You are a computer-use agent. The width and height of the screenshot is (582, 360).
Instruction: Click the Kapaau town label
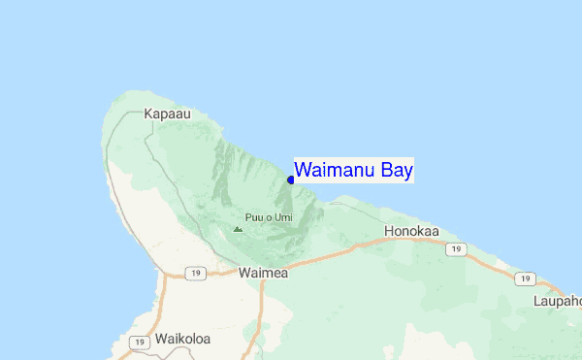pyautogui.click(x=165, y=114)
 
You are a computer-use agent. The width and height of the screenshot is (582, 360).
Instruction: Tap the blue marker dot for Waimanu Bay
pyautogui.click(x=291, y=180)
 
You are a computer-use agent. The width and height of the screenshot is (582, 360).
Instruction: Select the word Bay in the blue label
pyautogui.click(x=398, y=171)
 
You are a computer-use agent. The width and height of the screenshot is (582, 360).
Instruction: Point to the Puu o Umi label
pyautogui.click(x=269, y=217)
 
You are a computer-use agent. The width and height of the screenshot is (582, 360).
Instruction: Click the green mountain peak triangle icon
pyautogui.click(x=238, y=229)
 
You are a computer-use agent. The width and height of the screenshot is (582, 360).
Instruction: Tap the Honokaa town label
pyautogui.click(x=412, y=232)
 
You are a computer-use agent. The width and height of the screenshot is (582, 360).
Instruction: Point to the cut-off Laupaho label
pyautogui.click(x=557, y=301)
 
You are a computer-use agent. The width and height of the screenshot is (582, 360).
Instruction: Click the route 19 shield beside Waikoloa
pyautogui.click(x=141, y=342)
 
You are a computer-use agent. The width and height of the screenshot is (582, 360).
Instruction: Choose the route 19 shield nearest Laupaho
pyautogui.click(x=525, y=278)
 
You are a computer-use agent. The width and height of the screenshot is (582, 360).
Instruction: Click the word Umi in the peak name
pyautogui.click(x=282, y=217)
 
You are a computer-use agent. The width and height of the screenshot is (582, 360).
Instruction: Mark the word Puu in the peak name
pyautogui.click(x=254, y=217)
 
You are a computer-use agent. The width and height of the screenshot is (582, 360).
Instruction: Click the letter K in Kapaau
pyautogui.click(x=148, y=114)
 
